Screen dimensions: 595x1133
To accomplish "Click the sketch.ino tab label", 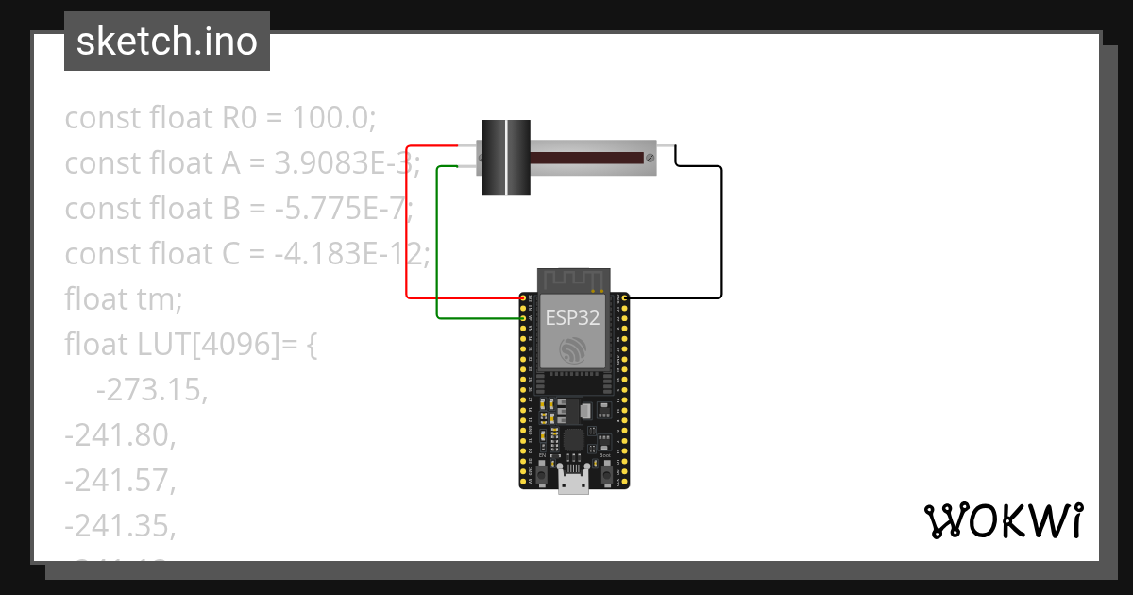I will coord(166,42).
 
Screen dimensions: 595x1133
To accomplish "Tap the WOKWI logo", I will coord(1003,520).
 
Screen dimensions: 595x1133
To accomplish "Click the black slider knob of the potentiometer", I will coord(506,158).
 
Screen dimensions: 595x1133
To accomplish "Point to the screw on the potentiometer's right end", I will coord(650,157).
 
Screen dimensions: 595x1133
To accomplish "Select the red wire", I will coord(406,227).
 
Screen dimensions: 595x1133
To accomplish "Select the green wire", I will coord(436,246).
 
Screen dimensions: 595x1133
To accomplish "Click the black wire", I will coord(721,236).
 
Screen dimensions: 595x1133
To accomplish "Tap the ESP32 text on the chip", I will coord(571,317).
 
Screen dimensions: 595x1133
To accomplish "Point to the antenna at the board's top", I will coord(572,280).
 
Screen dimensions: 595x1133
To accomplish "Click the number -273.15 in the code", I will coord(151,389).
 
